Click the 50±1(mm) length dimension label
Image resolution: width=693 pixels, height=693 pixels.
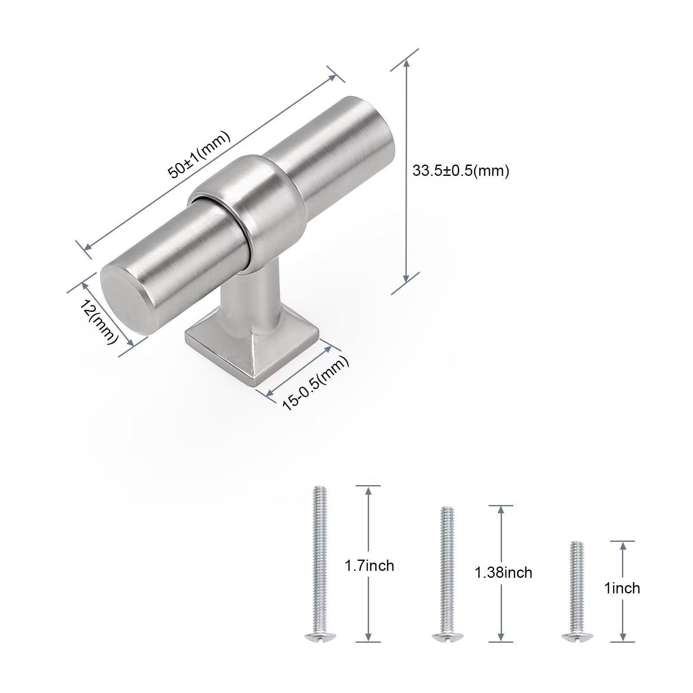[x=199, y=154]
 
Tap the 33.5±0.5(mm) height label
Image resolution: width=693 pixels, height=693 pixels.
[x=460, y=171]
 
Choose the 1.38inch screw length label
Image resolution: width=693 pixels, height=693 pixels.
[x=503, y=573]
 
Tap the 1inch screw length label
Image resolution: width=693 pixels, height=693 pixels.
[x=622, y=588]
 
